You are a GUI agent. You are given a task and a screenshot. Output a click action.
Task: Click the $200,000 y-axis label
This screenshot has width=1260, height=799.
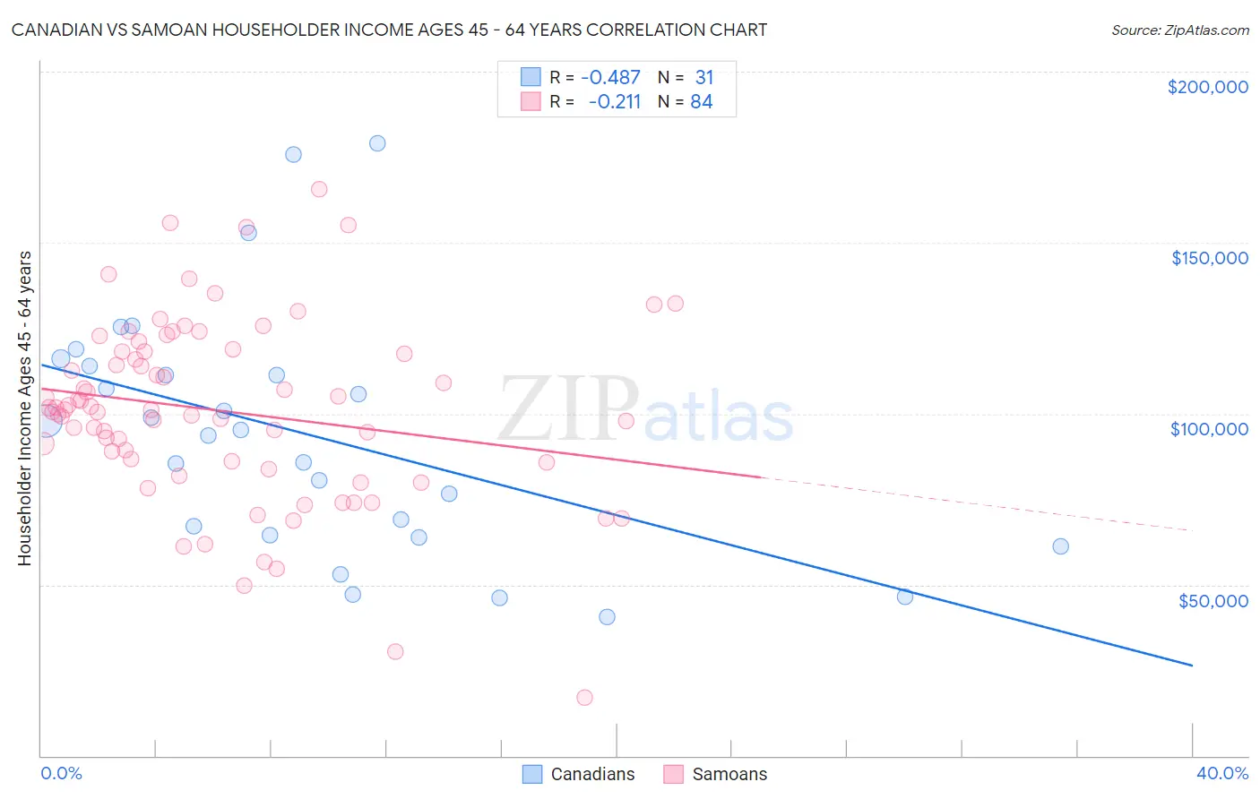coord(1207,87)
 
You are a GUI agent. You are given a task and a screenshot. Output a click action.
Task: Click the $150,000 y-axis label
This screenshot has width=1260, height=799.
coord(1209,258)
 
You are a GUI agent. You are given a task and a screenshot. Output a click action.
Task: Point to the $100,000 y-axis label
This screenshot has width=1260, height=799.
coord(1209,429)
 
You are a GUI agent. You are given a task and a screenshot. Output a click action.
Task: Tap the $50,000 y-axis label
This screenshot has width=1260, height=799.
coord(1213,600)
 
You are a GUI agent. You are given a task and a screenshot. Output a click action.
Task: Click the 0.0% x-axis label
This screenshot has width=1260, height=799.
coord(61,773)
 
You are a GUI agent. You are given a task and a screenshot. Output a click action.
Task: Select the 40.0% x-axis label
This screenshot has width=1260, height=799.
coord(1221,773)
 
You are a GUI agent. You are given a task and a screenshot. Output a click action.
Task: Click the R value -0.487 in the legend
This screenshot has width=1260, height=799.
coord(610,78)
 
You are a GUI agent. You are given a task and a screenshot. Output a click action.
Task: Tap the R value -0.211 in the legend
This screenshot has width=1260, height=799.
coord(614,102)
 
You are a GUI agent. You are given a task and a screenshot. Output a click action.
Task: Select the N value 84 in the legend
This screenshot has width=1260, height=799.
coord(701,102)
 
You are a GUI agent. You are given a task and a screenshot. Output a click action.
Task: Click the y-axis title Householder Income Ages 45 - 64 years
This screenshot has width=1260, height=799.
coord(25,408)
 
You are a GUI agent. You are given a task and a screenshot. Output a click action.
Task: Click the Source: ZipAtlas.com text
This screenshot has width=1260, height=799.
coord(1179,30)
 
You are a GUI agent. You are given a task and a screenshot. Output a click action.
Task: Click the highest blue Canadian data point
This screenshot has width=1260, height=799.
coord(377,143)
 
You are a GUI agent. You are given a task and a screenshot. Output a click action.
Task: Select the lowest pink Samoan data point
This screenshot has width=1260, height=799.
coord(584,698)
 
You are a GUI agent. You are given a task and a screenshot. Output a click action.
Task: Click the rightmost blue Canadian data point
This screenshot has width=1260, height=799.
coord(1060,546)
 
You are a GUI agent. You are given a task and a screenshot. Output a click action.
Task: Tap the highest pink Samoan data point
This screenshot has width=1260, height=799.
coord(319,189)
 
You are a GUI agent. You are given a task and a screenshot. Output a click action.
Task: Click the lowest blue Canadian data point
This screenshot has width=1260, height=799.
coord(607,617)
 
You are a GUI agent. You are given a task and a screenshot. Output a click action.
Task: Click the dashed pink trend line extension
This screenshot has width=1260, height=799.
coord(977,504)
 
